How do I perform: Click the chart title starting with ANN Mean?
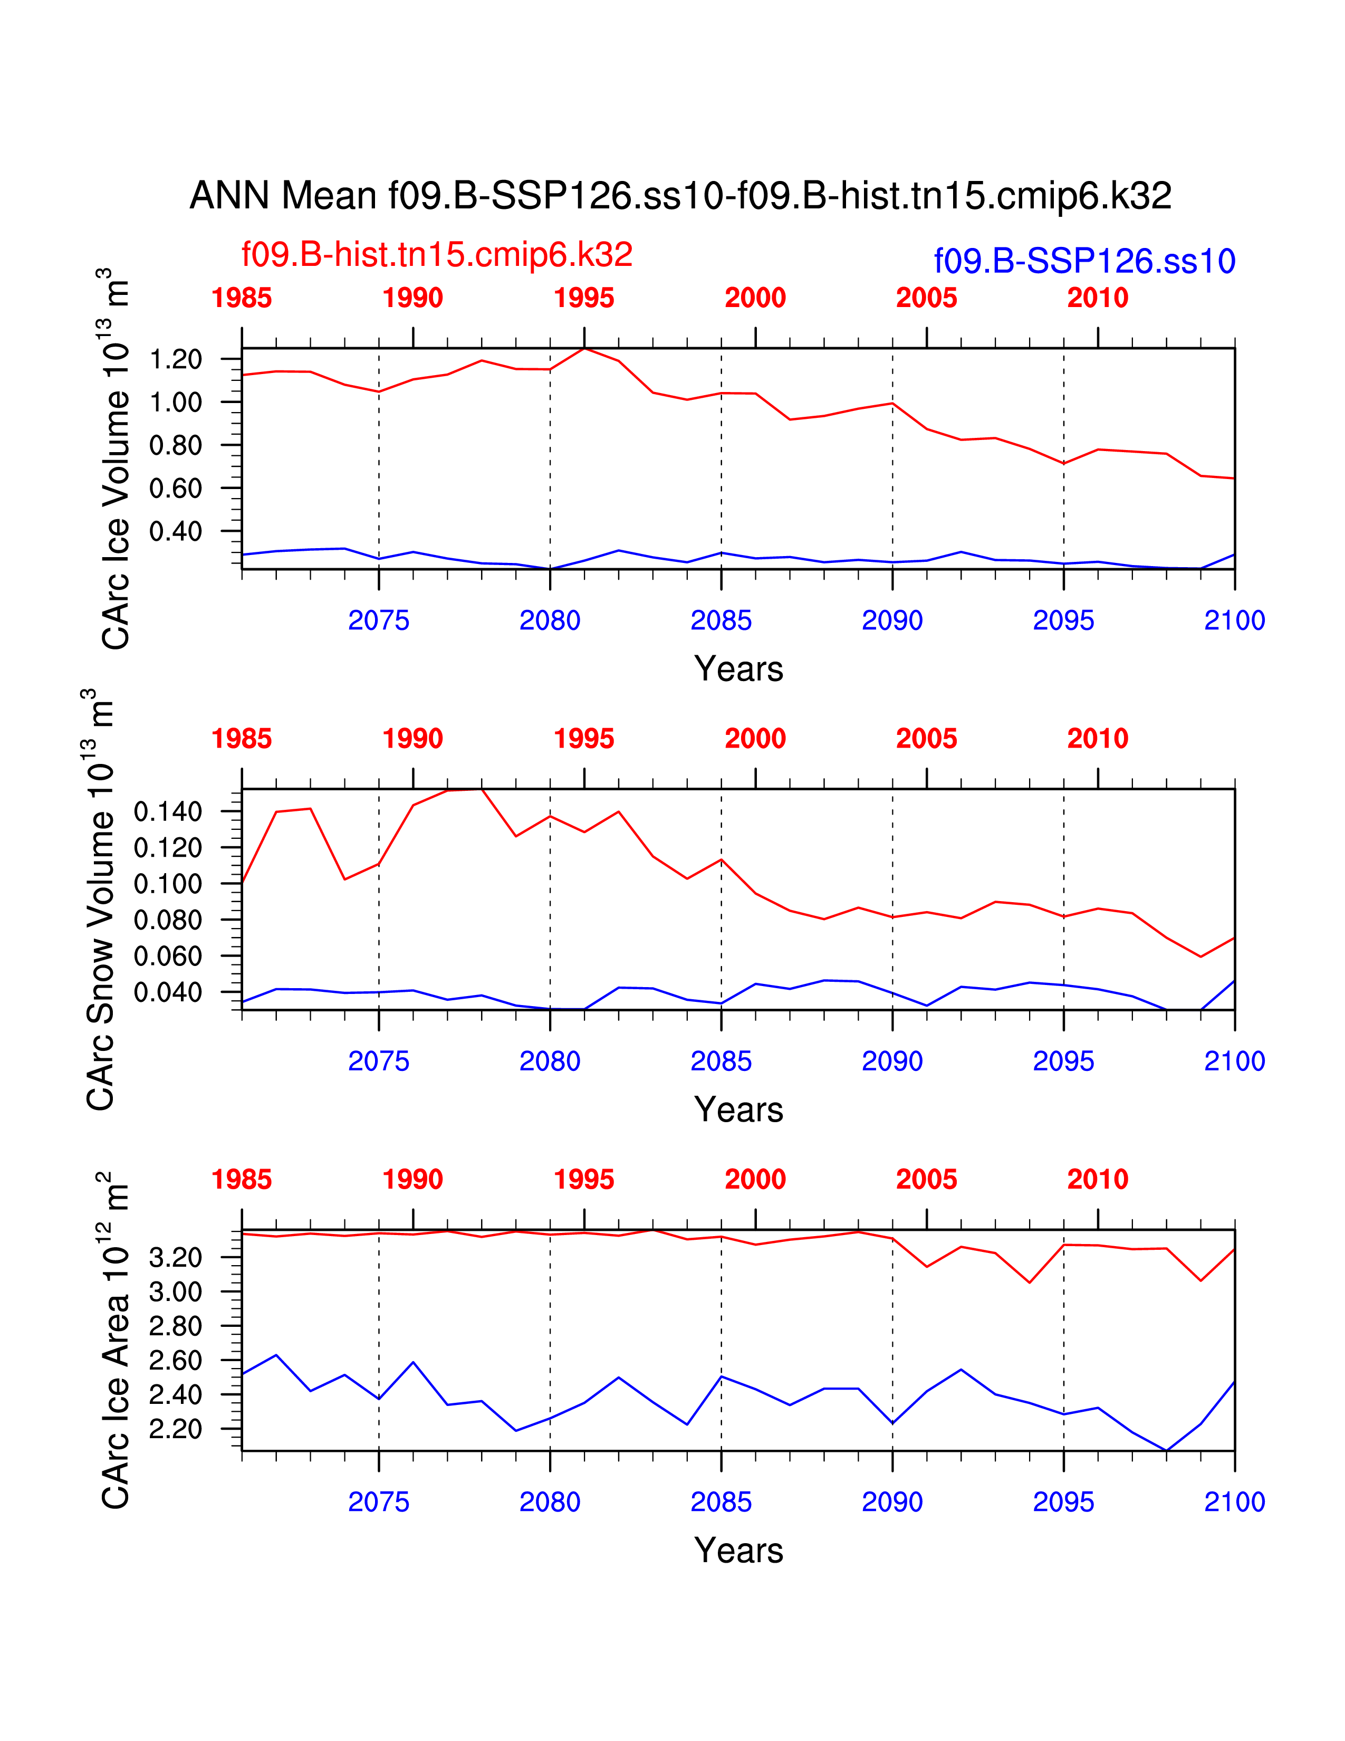pos(680,195)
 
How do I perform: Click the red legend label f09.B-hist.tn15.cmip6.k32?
pos(437,254)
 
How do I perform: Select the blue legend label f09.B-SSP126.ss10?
pos(1084,262)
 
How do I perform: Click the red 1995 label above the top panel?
pos(584,298)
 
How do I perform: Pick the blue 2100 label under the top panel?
pos(1234,620)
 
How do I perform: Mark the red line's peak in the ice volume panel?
pos(584,348)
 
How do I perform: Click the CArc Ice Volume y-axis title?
pos(115,458)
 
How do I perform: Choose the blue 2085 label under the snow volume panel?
pos(720,1061)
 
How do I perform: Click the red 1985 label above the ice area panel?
pos(242,1180)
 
